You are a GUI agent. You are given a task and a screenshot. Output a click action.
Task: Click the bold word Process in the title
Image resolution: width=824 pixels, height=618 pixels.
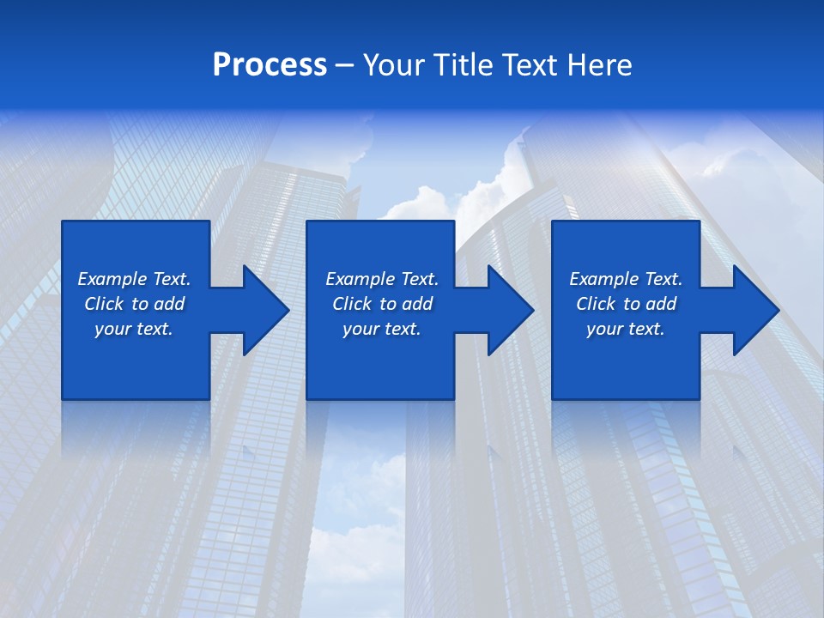pyautogui.click(x=270, y=65)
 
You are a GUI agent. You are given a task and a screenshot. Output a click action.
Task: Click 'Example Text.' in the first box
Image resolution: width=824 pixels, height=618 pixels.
pyautogui.click(x=134, y=279)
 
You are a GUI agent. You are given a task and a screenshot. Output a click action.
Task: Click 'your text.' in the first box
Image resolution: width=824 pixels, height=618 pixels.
pyautogui.click(x=134, y=329)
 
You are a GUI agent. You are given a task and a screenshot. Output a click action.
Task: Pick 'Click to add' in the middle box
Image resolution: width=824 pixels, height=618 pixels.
pyautogui.click(x=382, y=304)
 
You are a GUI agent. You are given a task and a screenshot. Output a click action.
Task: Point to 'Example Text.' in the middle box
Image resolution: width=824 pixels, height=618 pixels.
pyautogui.click(x=382, y=279)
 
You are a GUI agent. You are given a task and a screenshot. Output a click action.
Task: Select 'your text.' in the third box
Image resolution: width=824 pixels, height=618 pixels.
pyautogui.click(x=626, y=329)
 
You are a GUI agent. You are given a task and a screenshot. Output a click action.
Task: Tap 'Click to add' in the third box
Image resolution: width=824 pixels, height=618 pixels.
pyautogui.click(x=626, y=304)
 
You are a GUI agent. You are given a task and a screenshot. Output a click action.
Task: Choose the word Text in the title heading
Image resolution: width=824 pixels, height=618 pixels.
pyautogui.click(x=522, y=65)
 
